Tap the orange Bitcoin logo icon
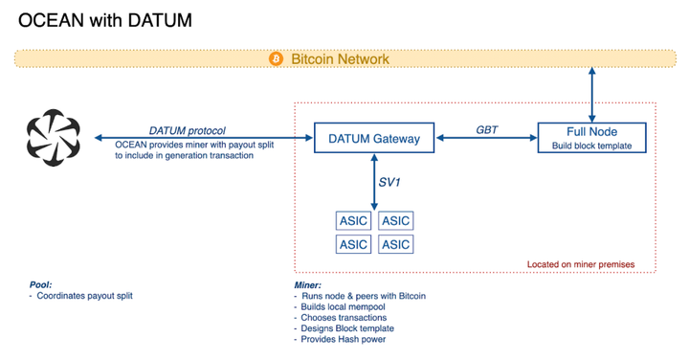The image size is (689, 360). (x=277, y=59)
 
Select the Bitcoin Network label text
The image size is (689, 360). (x=340, y=59)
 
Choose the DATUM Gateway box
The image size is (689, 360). (x=374, y=139)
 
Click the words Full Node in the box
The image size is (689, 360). (x=590, y=132)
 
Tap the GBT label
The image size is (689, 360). (x=485, y=129)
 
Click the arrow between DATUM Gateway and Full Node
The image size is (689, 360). (x=485, y=140)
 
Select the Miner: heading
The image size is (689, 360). (x=309, y=285)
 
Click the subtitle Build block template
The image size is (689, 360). (x=590, y=146)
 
